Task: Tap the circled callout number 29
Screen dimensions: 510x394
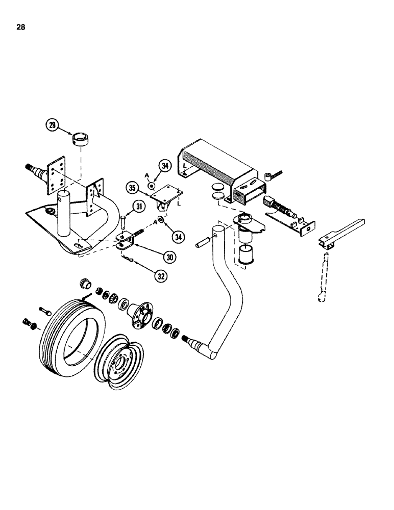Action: [51, 125]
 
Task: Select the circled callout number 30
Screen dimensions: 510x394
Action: [170, 257]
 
